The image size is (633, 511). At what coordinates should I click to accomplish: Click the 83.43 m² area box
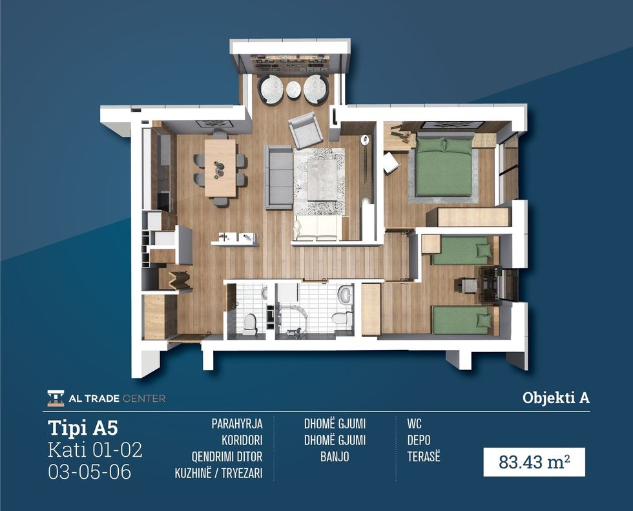pos(534,462)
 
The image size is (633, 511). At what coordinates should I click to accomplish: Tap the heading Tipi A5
pos(83,428)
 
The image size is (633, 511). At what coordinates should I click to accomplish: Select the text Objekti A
pos(556,398)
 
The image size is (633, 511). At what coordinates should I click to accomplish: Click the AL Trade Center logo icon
pos(56,398)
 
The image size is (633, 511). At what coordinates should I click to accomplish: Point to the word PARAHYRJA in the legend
pos(237,424)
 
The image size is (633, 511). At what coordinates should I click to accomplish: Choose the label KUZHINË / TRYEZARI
pos(218,473)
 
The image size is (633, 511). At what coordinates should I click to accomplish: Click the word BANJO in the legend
pos(335,457)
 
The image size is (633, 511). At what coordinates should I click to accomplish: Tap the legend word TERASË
pos(424,457)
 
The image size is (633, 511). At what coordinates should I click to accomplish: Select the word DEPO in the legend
pos(419,440)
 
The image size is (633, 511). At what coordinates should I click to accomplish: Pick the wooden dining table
pos(220,167)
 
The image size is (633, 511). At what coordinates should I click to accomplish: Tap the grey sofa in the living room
pos(278,177)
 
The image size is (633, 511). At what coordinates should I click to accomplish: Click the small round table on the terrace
pos(293,90)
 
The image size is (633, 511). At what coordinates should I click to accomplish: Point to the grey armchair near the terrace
pos(305,130)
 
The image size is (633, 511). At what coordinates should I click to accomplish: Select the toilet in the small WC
pos(251,324)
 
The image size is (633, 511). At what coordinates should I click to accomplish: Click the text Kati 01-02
pos(96,450)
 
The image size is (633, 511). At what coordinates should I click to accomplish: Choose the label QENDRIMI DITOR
pos(227,457)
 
